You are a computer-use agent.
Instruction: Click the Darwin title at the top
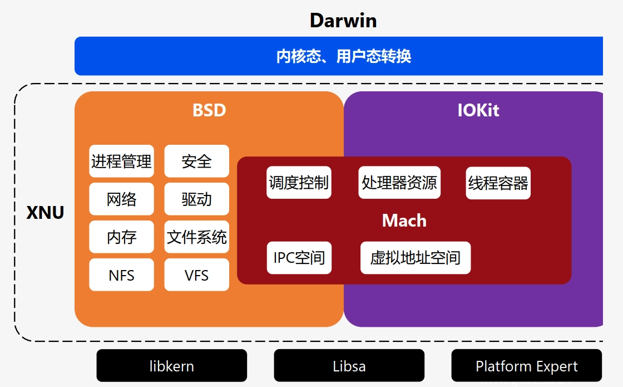tap(343, 21)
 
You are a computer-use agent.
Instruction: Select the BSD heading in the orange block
tap(209, 110)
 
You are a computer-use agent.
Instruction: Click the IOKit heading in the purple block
tap(478, 110)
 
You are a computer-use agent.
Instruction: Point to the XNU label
tap(46, 212)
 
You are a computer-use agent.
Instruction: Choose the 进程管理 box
tap(121, 161)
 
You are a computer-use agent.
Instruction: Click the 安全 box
tap(196, 161)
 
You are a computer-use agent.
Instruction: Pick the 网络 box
tap(121, 199)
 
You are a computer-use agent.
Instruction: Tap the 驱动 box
tap(196, 199)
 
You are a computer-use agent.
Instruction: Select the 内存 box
tap(121, 237)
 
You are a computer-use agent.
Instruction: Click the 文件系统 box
tap(196, 237)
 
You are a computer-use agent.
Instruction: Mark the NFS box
tap(121, 275)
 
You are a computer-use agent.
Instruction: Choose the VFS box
tap(196, 275)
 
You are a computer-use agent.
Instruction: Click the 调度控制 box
tap(299, 183)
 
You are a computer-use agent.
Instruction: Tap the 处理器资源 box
tap(399, 183)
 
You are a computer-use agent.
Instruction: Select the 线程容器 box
tap(498, 183)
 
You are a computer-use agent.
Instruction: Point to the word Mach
tap(404, 221)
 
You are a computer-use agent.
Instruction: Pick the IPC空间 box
tap(299, 258)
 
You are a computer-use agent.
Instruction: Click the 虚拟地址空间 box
tap(416, 258)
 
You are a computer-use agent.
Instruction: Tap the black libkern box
tap(171, 366)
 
